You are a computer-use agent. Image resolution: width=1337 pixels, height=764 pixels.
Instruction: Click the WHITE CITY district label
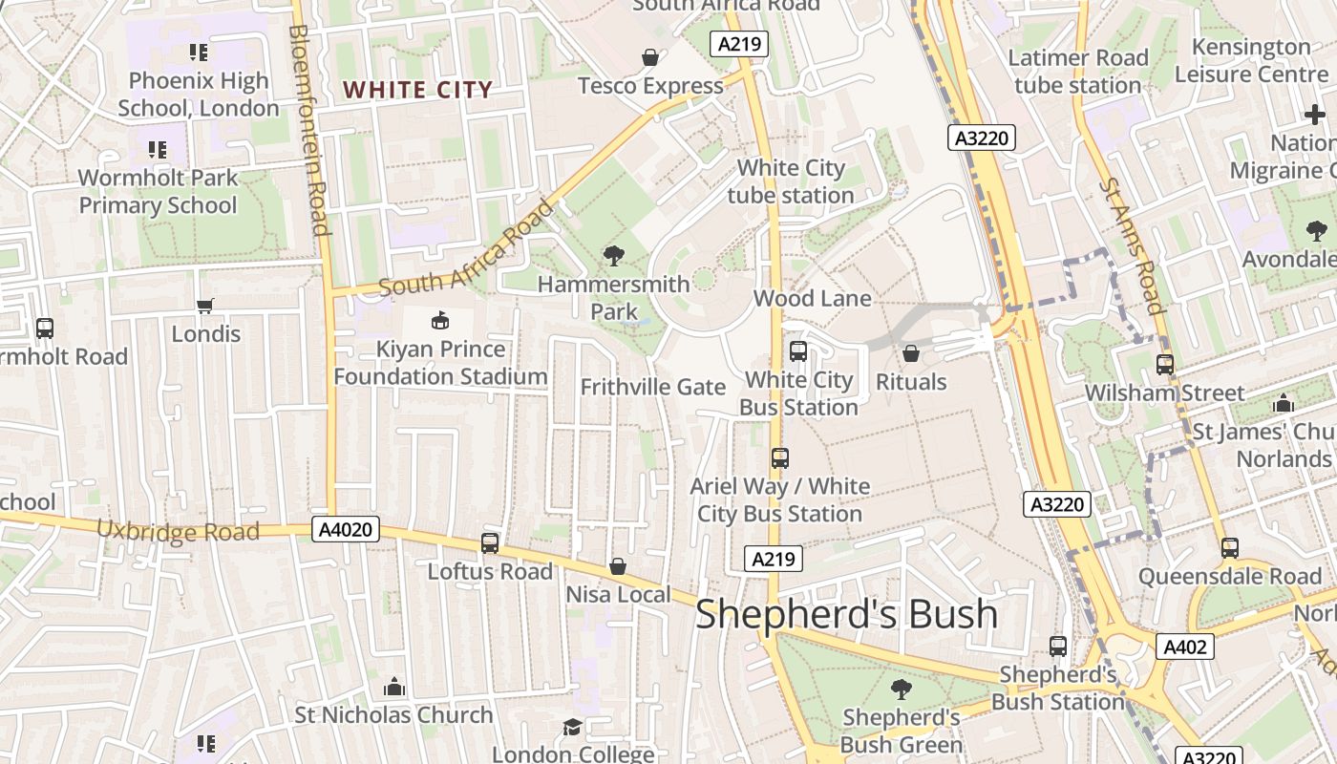click(417, 90)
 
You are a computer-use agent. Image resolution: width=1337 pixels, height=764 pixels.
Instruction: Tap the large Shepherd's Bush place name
click(846, 613)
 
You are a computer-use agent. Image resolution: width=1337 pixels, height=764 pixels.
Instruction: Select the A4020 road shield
click(345, 529)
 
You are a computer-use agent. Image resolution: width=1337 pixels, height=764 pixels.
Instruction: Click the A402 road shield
click(1184, 647)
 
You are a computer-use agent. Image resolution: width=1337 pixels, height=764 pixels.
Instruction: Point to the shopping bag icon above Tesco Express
click(650, 58)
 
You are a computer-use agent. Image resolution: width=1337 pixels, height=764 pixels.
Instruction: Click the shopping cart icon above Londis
click(205, 307)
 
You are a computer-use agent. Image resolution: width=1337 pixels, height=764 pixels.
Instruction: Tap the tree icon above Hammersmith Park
click(613, 255)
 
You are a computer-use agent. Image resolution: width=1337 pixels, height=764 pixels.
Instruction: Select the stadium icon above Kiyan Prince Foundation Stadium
click(440, 319)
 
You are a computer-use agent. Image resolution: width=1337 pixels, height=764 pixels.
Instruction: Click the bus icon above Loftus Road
click(490, 543)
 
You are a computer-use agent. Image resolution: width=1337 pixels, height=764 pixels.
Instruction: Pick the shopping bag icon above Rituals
click(911, 354)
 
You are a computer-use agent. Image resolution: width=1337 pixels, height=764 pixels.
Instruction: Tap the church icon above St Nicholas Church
click(393, 687)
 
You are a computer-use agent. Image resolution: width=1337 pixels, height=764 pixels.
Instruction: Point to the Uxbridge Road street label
click(178, 530)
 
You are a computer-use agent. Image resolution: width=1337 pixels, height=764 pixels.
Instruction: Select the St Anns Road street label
click(1132, 245)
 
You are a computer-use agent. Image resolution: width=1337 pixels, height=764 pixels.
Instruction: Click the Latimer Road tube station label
click(1078, 72)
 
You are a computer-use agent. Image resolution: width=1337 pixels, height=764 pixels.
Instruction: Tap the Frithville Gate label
click(653, 387)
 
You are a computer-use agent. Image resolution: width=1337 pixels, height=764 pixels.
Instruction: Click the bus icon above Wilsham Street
click(1164, 365)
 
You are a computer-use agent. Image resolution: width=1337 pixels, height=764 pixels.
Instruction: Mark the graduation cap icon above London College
click(572, 728)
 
